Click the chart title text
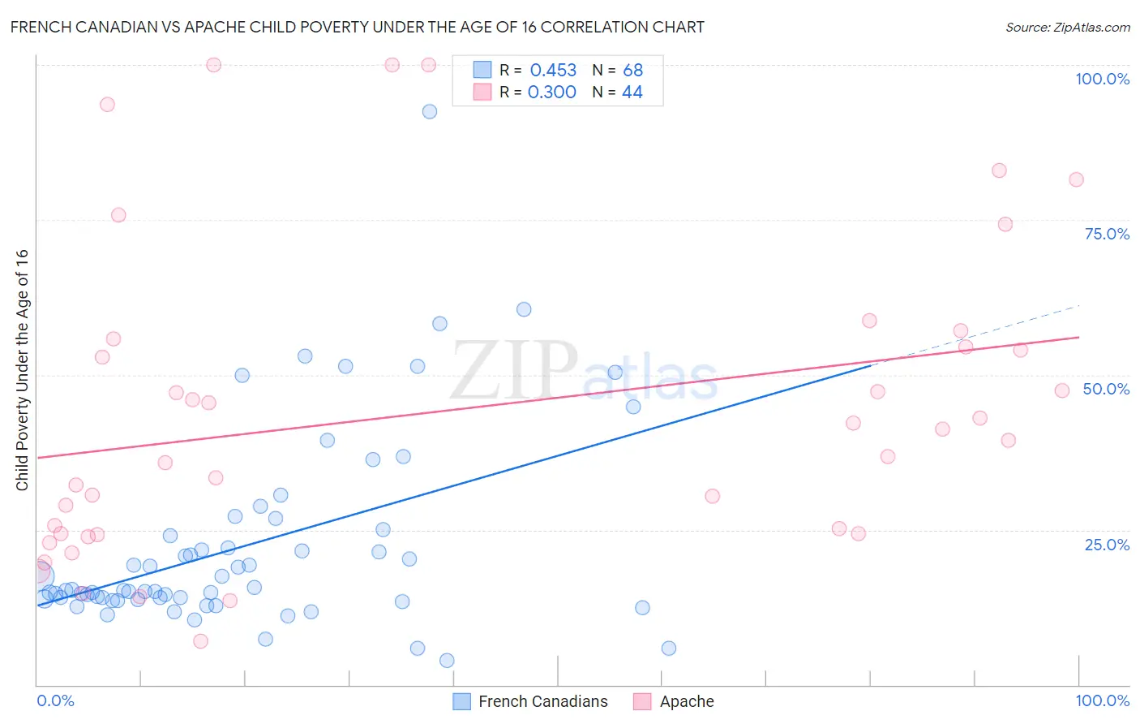tap(357, 27)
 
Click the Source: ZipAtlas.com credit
tap(1067, 27)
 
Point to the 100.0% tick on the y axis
tap(1102, 79)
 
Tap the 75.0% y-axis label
tap(1107, 234)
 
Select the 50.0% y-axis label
tap(1106, 389)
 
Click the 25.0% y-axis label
tap(1107, 544)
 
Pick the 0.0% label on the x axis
tap(55, 700)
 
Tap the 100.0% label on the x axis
tap(1102, 700)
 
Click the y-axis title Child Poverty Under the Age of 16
tap(22, 369)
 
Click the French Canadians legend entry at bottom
tap(542, 701)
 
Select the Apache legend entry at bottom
tap(686, 701)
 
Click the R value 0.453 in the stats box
tap(553, 71)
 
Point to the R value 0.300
tap(551, 93)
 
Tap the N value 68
tap(632, 71)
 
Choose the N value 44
tap(632, 93)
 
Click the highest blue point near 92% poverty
tap(430, 111)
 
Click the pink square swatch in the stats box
tap(482, 92)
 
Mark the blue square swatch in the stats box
tap(482, 70)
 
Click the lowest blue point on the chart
tap(447, 661)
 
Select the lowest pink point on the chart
tap(201, 641)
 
